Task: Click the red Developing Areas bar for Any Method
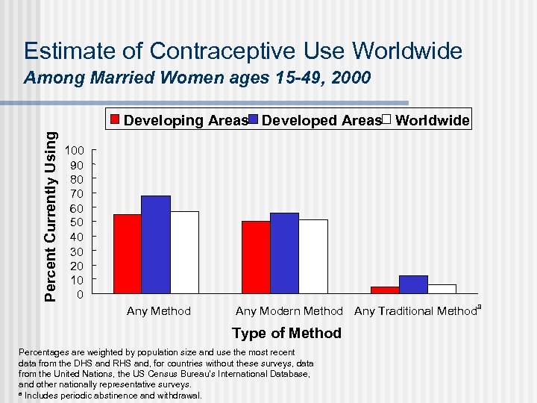(x=128, y=254)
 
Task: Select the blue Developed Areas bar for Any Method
(x=156, y=245)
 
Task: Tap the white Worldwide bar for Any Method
(x=184, y=252)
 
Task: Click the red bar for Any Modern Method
(x=256, y=257)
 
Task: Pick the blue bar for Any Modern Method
(x=284, y=253)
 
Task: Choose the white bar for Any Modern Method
(x=313, y=256)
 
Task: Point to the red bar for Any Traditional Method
(x=385, y=290)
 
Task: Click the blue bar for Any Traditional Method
(x=413, y=284)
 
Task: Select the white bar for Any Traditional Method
(x=442, y=289)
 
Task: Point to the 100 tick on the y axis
(x=77, y=151)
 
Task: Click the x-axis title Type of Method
(x=287, y=333)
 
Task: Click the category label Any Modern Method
(x=289, y=311)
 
